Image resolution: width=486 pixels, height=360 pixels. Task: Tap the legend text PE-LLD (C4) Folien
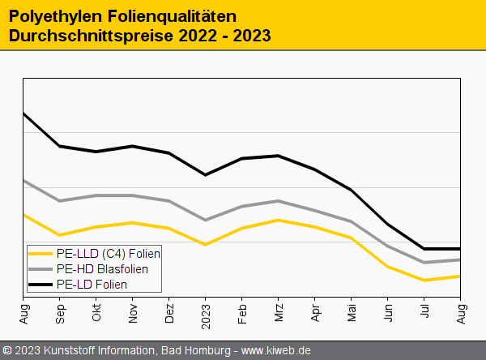click(109, 254)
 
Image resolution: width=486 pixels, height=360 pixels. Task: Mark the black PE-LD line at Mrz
click(279, 156)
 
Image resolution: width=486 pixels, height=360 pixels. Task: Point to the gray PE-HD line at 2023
click(206, 220)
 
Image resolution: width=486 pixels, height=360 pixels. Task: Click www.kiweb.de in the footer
click(276, 350)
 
